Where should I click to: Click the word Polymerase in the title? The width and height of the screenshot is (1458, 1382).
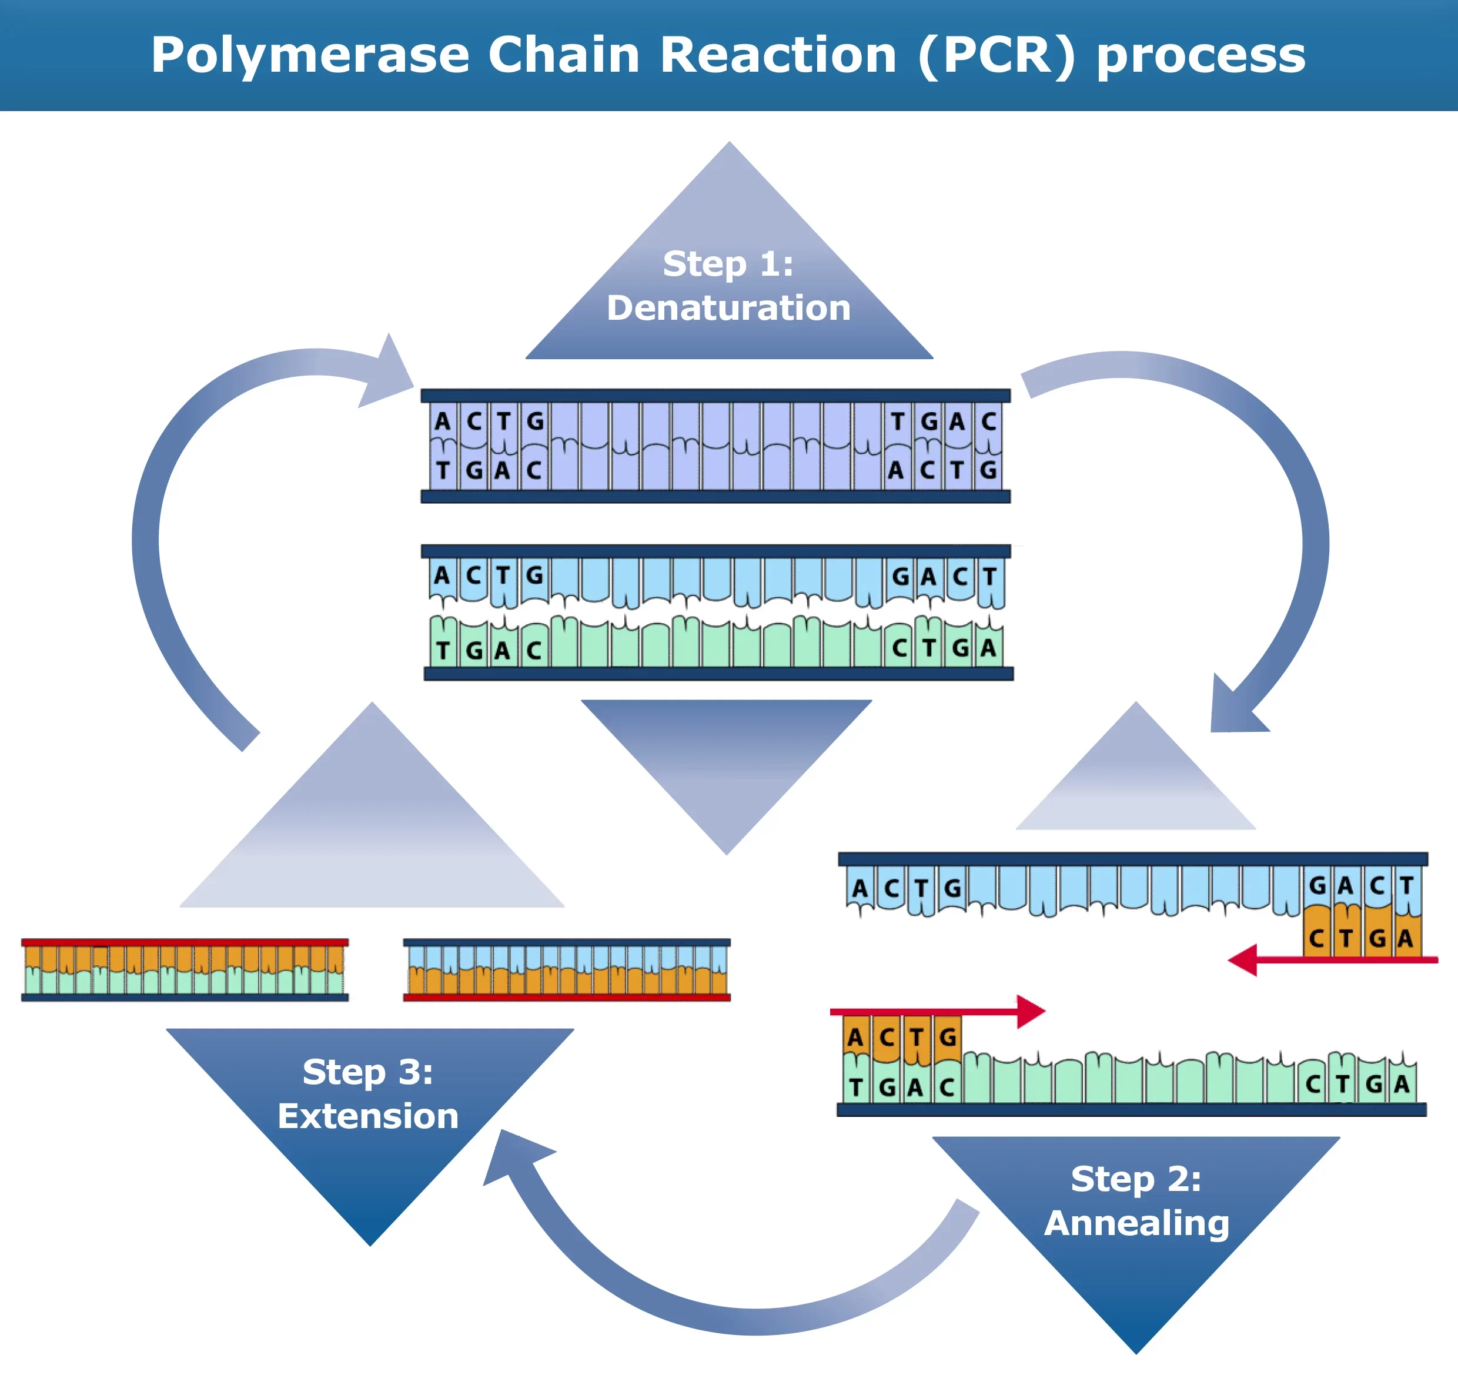[309, 55]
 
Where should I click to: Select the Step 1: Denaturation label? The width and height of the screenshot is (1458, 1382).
[728, 286]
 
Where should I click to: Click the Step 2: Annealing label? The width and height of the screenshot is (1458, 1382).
[1136, 1202]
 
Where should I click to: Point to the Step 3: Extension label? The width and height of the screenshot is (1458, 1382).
[369, 1094]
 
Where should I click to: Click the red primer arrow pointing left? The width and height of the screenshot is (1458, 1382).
[1326, 960]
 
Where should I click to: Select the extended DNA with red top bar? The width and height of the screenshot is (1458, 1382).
[184, 969]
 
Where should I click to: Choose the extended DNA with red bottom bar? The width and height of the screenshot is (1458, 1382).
[567, 969]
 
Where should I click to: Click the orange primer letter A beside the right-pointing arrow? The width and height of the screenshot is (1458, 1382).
[855, 1038]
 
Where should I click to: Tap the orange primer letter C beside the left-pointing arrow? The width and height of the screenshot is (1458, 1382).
[1316, 938]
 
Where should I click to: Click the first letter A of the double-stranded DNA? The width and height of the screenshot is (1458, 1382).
[442, 421]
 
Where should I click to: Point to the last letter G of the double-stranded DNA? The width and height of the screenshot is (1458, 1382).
[988, 469]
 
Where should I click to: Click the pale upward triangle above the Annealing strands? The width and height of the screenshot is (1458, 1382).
[1135, 781]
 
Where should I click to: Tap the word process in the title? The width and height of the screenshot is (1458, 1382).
[1201, 55]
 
